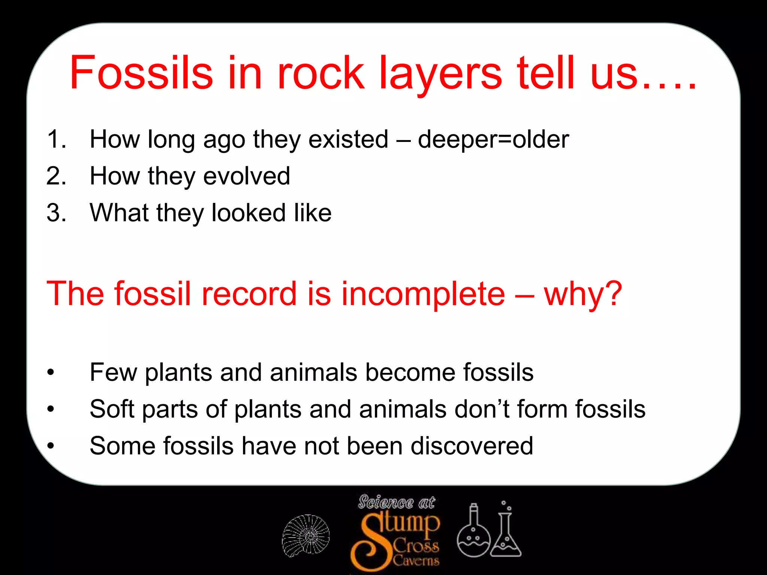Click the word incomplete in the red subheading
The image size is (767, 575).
click(x=423, y=294)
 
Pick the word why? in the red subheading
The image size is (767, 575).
click(x=583, y=294)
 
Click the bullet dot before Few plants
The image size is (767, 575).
click(x=51, y=373)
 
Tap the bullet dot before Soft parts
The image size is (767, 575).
click(x=51, y=410)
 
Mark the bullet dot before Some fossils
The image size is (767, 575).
click(x=51, y=446)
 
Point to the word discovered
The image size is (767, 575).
click(x=472, y=446)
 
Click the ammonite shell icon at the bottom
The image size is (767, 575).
click(x=306, y=535)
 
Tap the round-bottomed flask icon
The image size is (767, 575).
click(x=473, y=533)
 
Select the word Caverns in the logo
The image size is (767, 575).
click(x=416, y=561)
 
